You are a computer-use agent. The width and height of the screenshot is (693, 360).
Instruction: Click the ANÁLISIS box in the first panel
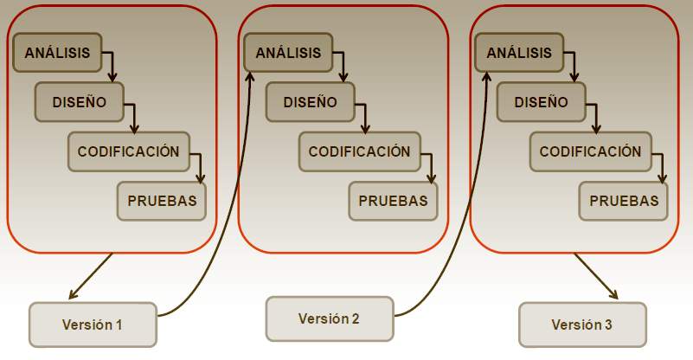click(57, 53)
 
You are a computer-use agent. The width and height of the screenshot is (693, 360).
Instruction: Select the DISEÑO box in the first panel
click(79, 102)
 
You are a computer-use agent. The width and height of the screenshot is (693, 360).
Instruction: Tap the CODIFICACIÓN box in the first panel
click(128, 151)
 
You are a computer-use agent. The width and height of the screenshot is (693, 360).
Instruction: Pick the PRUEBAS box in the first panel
click(162, 201)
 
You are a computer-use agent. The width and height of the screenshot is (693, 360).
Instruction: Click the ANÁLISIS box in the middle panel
click(288, 53)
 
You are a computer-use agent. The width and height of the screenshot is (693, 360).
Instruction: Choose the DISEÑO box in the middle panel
click(310, 102)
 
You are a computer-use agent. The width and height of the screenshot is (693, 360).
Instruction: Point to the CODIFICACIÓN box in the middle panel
click(359, 151)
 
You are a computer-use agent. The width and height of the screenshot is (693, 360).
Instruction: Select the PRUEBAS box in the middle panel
click(393, 201)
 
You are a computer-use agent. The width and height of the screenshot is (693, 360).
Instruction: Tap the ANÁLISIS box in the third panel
click(519, 53)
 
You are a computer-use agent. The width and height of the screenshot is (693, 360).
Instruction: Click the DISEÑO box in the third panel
click(541, 102)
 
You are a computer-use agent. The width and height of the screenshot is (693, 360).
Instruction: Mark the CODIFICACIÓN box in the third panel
click(590, 151)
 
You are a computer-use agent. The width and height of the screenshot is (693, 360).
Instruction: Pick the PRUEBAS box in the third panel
click(624, 201)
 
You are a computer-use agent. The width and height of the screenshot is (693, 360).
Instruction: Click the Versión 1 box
click(93, 325)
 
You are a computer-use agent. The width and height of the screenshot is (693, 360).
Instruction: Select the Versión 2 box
click(329, 318)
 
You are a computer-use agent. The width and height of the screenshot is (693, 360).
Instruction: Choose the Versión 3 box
click(582, 325)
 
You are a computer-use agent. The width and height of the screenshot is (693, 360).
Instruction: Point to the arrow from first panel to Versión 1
click(91, 276)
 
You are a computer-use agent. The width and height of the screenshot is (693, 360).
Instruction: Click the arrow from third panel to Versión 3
click(595, 276)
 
